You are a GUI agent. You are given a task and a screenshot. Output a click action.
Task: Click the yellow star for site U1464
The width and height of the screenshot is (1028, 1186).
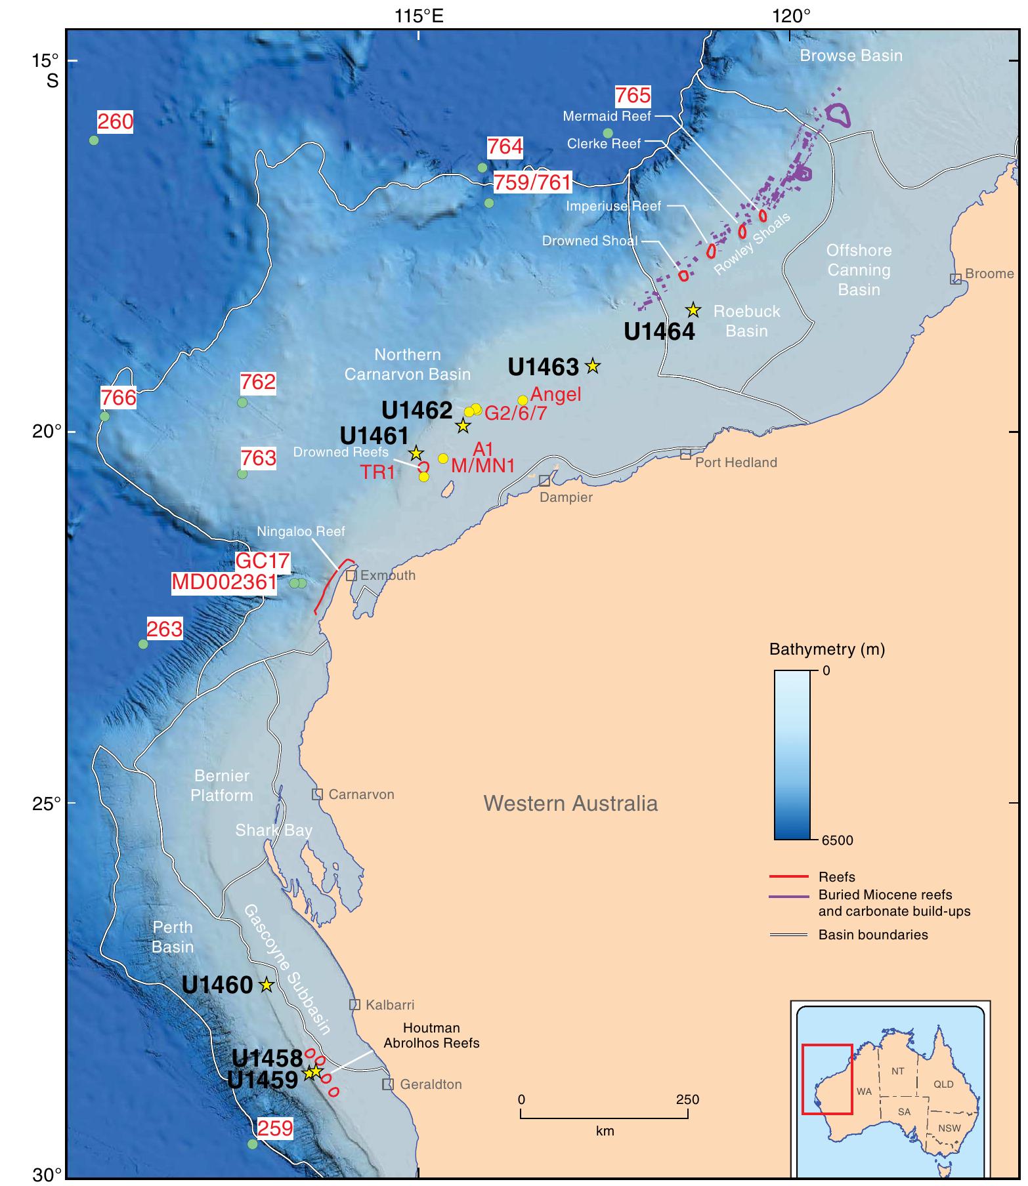693,310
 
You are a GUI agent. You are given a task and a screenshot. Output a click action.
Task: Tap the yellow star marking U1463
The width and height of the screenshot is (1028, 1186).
593,365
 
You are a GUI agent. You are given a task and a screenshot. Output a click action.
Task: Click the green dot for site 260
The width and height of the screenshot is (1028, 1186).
94,140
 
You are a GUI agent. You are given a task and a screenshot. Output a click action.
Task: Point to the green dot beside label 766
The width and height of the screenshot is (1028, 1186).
104,416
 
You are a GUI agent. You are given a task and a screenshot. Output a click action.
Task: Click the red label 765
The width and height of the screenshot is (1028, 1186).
633,96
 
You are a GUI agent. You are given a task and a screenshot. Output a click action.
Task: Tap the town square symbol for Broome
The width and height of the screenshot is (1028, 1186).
956,279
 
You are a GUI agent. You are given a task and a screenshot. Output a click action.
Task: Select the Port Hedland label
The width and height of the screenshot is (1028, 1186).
736,462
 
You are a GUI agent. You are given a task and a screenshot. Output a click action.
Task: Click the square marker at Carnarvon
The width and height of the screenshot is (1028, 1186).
317,794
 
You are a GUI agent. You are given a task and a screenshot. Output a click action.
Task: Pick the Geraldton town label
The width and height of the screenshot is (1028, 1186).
431,1084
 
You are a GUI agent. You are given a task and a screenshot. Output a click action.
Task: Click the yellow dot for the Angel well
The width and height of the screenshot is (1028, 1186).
523,400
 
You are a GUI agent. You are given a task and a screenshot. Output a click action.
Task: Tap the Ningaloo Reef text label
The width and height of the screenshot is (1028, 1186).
301,531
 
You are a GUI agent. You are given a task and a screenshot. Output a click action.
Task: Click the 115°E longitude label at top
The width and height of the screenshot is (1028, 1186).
419,15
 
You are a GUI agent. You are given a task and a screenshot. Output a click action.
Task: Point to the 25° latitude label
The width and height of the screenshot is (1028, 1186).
46,803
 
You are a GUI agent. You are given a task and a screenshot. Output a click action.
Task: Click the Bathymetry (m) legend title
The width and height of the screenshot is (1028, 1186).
826,649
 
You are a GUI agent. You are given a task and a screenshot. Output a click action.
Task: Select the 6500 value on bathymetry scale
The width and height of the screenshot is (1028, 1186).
836,840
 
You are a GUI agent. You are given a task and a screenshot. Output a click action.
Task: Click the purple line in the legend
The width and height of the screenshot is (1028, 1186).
788,895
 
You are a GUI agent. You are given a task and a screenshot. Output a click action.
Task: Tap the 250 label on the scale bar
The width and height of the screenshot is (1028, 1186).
687,1099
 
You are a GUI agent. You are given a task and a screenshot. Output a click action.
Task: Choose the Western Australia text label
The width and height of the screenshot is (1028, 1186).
570,804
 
